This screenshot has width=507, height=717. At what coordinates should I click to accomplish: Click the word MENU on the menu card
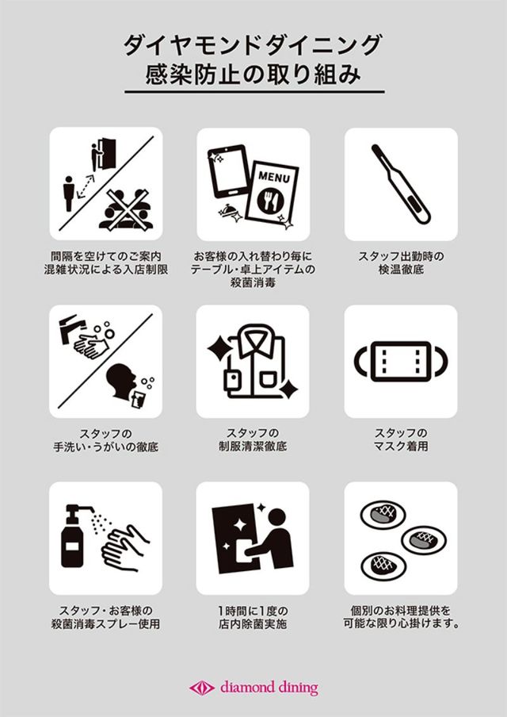[273, 177]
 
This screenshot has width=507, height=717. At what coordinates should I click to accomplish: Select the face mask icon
[401, 361]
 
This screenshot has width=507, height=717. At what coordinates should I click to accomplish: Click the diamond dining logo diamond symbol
[202, 688]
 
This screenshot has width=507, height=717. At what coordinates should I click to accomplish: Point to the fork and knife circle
[271, 199]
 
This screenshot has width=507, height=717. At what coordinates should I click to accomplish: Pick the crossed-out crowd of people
[125, 209]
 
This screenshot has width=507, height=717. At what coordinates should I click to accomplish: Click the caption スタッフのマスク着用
[401, 439]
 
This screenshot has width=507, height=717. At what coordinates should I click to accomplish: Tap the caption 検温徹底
[401, 270]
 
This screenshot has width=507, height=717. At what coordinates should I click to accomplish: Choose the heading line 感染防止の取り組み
[253, 74]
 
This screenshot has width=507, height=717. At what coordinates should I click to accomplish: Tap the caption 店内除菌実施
[253, 623]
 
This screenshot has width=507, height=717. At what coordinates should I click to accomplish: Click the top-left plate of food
[383, 514]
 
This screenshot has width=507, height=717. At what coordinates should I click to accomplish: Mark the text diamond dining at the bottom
[269, 688]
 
